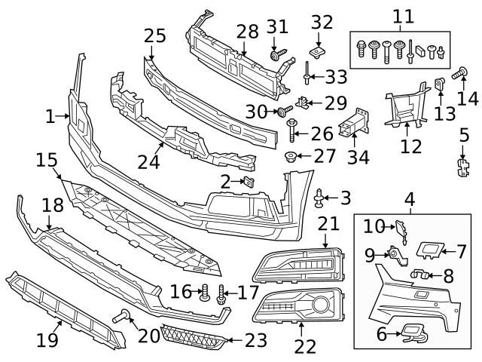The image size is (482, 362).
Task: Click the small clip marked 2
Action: click(248, 181)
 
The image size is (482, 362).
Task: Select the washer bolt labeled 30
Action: click(284, 112)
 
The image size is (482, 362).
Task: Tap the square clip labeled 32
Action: click(317, 52)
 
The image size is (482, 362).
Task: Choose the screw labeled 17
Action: click(221, 293)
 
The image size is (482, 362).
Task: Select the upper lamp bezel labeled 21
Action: click(297, 266)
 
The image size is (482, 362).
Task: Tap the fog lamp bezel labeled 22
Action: click(298, 305)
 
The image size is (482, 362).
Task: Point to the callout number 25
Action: click(154, 35)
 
